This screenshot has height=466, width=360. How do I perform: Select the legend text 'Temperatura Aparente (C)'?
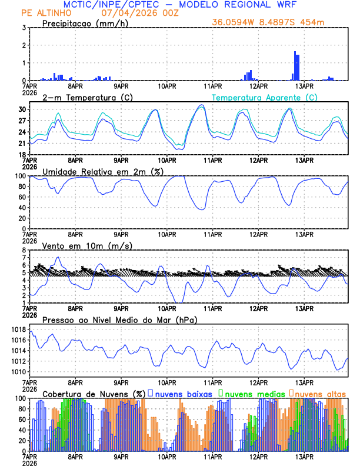pyautogui.click(x=264, y=97)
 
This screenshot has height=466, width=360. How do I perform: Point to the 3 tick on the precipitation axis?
pyautogui.click(x=24, y=28)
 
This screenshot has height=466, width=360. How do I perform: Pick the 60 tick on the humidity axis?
pyautogui.click(x=22, y=197)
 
